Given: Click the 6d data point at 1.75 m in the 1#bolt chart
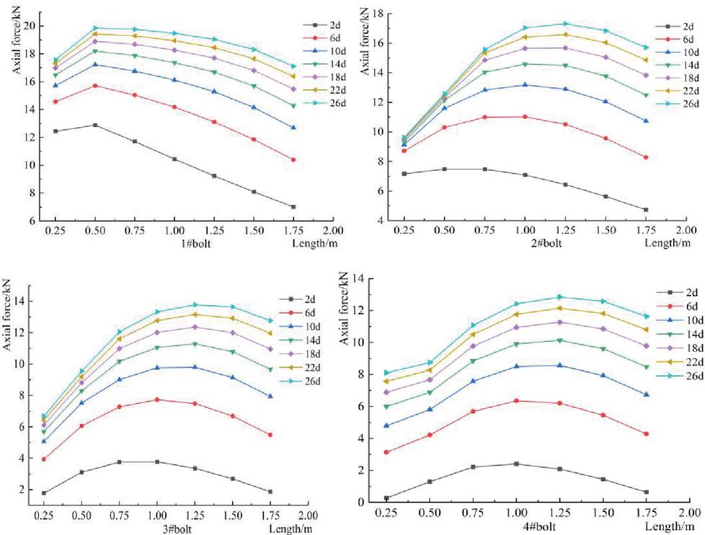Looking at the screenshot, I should [293, 159].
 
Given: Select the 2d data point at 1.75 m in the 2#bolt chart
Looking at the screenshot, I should [645, 210].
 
